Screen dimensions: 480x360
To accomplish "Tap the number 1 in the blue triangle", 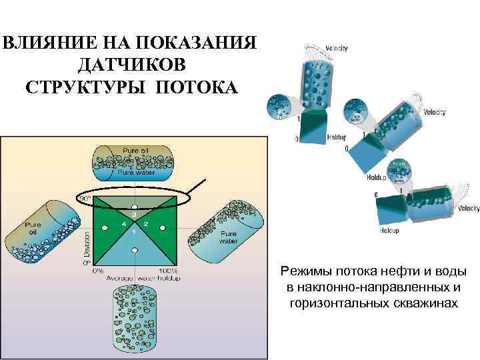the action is [134, 231].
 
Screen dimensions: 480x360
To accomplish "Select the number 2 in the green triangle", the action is [145, 224].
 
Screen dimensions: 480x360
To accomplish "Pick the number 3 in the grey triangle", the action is [134, 215].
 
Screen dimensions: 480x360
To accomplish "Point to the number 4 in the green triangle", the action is [123, 224].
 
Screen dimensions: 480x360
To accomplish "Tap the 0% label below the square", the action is [97, 271].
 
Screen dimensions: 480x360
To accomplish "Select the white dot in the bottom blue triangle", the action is [135, 249].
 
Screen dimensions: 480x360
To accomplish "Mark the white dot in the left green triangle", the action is [105, 229].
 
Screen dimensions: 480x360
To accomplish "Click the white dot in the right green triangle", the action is [164, 229].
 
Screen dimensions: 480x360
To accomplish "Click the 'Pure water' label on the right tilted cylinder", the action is [229, 237].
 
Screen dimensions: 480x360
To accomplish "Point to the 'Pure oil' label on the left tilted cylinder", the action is [35, 229].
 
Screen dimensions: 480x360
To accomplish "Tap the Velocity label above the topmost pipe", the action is [336, 48].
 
